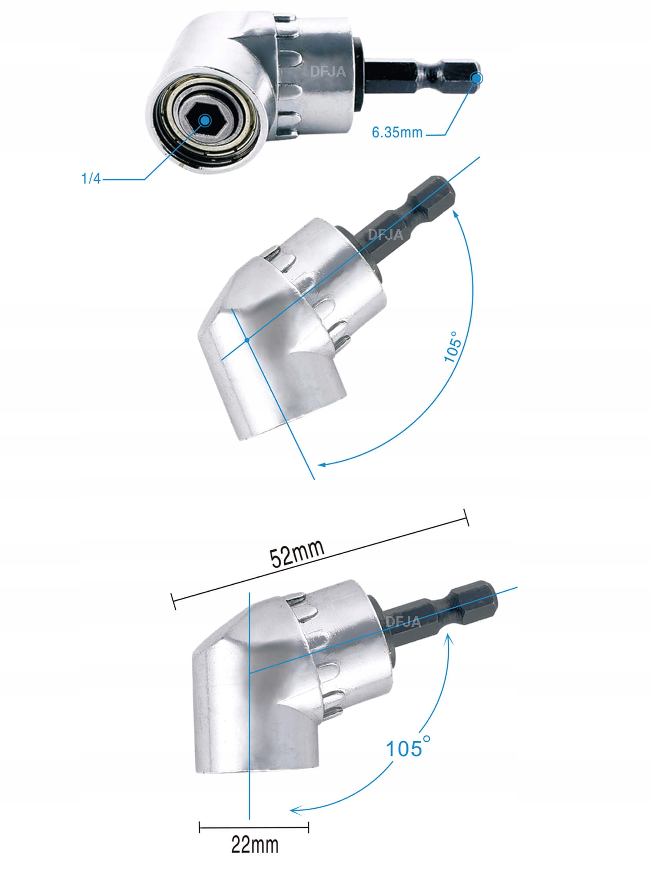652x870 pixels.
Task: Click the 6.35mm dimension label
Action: pyautogui.click(x=397, y=132)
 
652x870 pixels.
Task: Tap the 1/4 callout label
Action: pyautogui.click(x=91, y=178)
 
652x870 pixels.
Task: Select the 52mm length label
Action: pyautogui.click(x=297, y=553)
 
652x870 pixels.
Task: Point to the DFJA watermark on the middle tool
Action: pyautogui.click(x=385, y=234)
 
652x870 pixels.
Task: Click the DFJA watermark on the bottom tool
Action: pyautogui.click(x=403, y=621)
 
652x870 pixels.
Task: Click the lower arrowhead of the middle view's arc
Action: pyautogui.click(x=322, y=465)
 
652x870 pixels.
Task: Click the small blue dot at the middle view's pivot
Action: pyautogui.click(x=247, y=340)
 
